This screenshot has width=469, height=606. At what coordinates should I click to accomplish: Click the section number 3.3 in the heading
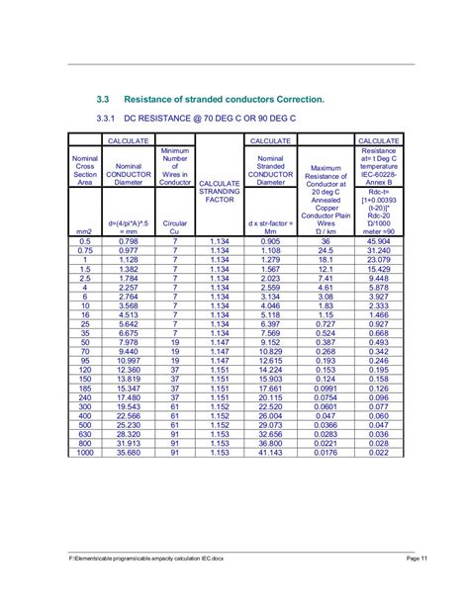click(x=102, y=100)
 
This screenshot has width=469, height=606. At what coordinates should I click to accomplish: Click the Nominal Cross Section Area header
click(x=85, y=168)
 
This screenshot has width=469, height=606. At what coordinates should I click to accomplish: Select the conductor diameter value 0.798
click(x=129, y=241)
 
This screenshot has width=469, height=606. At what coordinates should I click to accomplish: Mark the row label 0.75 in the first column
click(x=85, y=251)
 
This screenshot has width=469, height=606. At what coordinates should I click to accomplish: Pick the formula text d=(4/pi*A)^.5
click(x=129, y=223)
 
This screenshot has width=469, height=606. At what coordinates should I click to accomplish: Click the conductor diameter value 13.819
click(x=129, y=379)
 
